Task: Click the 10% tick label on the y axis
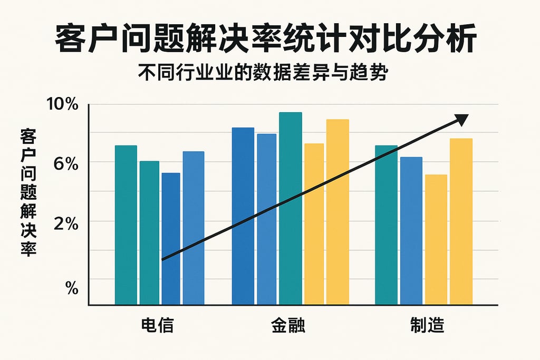(63, 104)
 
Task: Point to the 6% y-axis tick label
(66, 164)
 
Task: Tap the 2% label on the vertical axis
(66, 223)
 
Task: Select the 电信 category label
(157, 325)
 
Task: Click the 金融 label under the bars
(288, 325)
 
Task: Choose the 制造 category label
(427, 325)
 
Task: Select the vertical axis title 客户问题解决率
(27, 192)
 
